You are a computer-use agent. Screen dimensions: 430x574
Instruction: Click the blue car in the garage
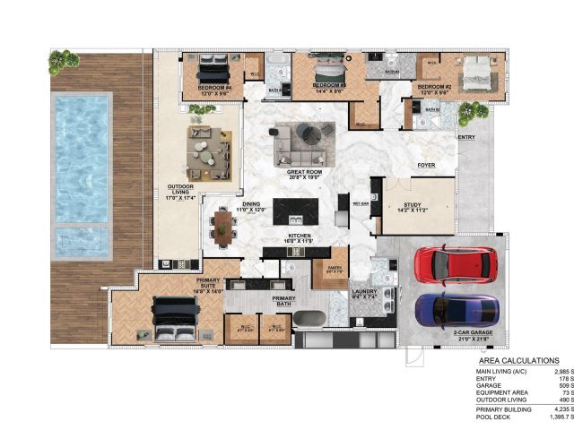pyautogui.click(x=457, y=310)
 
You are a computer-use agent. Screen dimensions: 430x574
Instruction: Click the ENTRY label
pyautogui.click(x=466, y=138)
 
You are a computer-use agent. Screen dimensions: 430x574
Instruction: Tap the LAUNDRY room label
pyautogui.click(x=366, y=290)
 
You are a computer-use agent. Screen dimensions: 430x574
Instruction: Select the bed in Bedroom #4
pyautogui.click(x=213, y=68)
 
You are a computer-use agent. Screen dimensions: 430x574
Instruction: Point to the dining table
pyautogui.click(x=224, y=228)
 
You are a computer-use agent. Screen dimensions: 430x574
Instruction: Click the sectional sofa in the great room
pyautogui.click(x=300, y=142)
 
